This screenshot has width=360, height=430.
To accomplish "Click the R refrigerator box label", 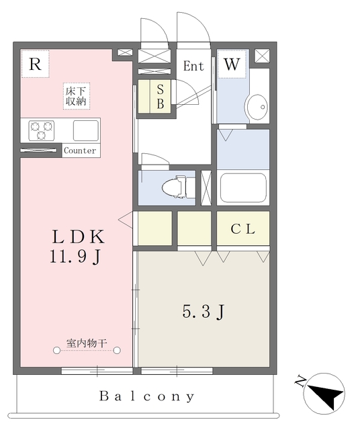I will pos(36,64).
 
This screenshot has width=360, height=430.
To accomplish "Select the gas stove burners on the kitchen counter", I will pos(41,130).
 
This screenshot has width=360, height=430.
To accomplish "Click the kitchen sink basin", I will pos(85,130).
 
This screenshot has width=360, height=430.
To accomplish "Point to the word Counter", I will pos(80,150).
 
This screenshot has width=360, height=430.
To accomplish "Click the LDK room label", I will pos(78,237).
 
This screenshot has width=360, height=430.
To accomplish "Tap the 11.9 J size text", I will pos(75,256).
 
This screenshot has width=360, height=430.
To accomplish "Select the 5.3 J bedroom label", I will pos(202,312).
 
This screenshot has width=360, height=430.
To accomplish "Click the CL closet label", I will pos(243,229).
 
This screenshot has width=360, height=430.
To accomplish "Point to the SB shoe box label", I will pos(161,96).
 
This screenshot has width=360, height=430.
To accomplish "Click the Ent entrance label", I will pos(193,66).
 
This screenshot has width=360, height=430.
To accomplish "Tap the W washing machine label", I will pos(232,64).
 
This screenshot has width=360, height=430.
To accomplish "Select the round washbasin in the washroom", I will pos(256,106).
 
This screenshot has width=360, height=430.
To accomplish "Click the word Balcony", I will pos(147,396).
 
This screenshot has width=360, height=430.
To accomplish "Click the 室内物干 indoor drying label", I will pos(87,344).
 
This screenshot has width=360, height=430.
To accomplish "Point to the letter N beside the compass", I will pos(300,382).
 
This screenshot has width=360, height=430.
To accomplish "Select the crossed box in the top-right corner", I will pos(262,56).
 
